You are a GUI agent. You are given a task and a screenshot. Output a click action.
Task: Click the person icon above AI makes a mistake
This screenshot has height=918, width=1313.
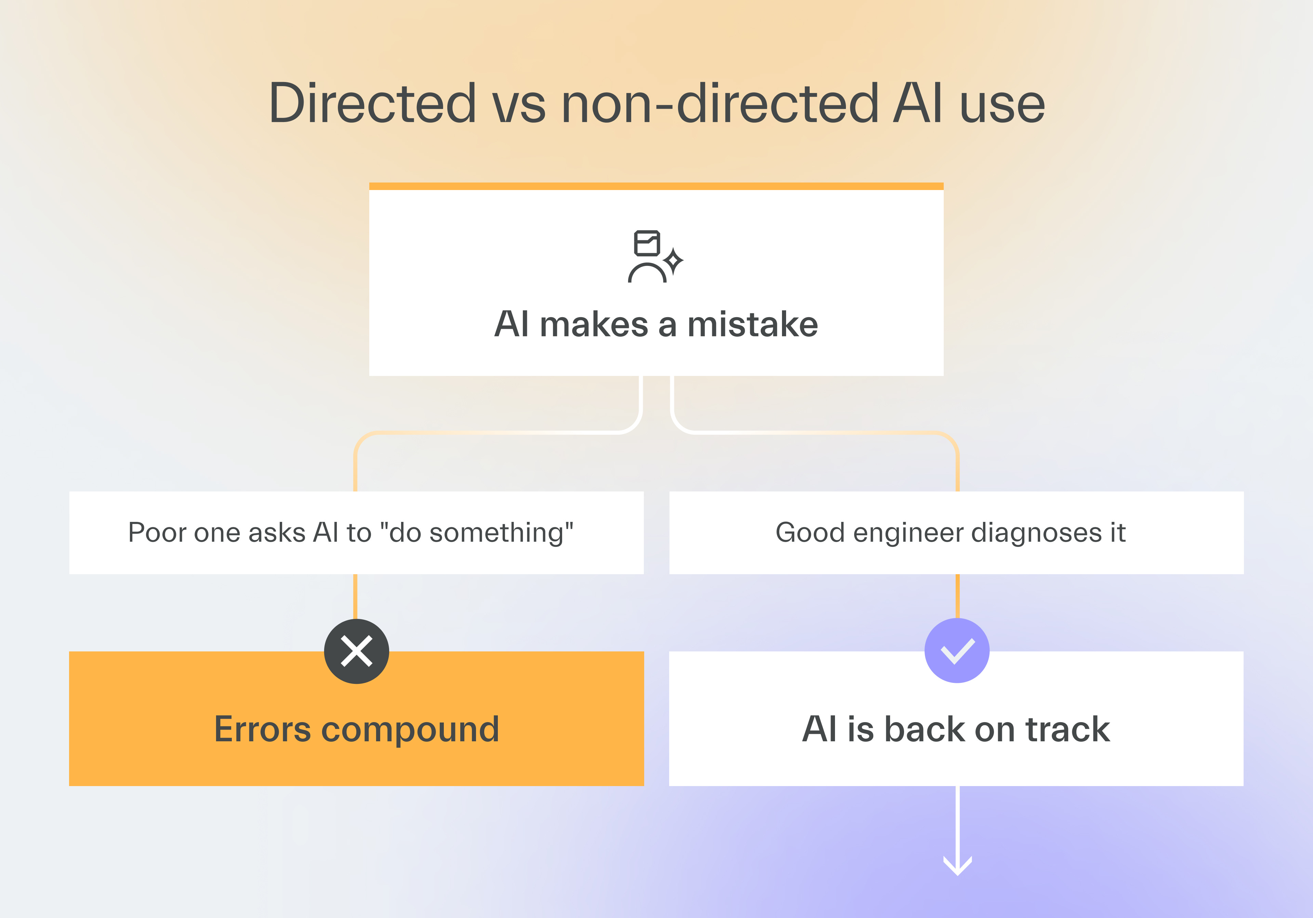647,257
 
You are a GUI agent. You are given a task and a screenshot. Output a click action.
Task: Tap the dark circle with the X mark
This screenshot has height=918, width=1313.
356,651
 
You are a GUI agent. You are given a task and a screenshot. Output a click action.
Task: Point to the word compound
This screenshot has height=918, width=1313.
410,730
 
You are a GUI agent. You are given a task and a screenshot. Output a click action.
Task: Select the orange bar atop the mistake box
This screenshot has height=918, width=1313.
656,186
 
